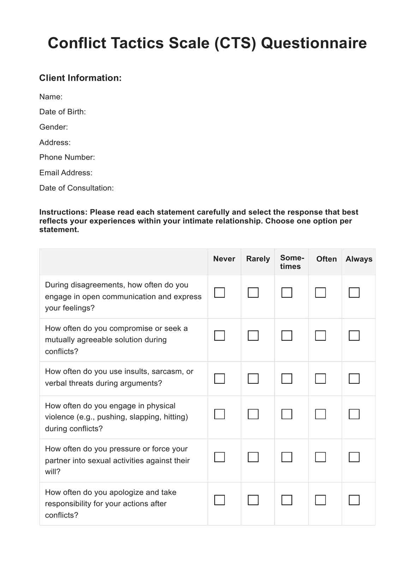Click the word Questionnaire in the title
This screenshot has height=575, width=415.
coord(314,43)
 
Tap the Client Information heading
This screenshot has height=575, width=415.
coord(80,78)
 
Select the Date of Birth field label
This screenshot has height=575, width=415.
coord(62,112)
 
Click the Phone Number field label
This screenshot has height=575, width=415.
coord(67,157)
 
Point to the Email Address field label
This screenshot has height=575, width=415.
coord(66,173)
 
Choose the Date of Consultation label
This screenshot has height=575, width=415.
coord(76,188)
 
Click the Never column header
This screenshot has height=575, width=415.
coord(224,259)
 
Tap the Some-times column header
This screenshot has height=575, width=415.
coord(292,262)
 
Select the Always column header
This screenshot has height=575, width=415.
coord(359,259)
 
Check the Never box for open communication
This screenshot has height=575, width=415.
coord(219,292)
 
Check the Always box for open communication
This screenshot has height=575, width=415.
coord(354,292)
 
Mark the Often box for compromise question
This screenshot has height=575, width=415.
coord(320,335)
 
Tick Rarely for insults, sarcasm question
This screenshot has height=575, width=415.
coord(253,379)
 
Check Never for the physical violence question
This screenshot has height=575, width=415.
coord(219,414)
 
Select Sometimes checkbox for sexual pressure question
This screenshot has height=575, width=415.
coord(287,457)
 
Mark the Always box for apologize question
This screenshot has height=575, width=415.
coord(354,500)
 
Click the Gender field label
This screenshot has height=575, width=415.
coord(54,127)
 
